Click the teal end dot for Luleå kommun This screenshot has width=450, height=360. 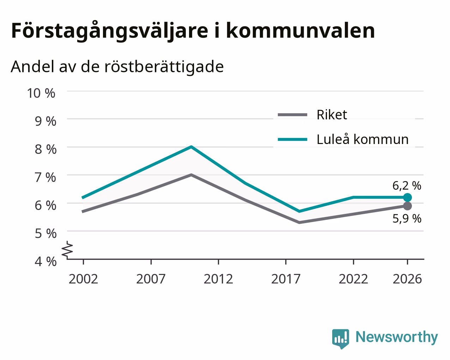point(407,197)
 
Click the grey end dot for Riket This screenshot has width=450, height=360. point(407,206)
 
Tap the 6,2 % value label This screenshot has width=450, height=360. point(407,186)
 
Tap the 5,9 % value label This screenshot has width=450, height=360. point(407,219)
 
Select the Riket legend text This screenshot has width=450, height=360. point(332,115)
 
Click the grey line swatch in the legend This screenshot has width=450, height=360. point(292,115)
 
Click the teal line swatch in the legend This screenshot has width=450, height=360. point(292,139)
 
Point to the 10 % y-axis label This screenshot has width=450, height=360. point(41,93)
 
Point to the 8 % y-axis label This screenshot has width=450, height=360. point(45,149)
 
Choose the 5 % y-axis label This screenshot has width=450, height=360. point(45,234)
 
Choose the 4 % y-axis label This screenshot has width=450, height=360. point(45,262)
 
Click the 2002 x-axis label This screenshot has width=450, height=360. point(83,279)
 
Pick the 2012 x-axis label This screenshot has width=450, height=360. point(218,279)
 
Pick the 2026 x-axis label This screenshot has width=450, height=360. point(407,279)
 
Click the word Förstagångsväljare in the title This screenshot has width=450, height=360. point(110,31)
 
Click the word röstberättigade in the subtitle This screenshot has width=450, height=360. point(164,67)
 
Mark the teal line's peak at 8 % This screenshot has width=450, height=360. point(191,147)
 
